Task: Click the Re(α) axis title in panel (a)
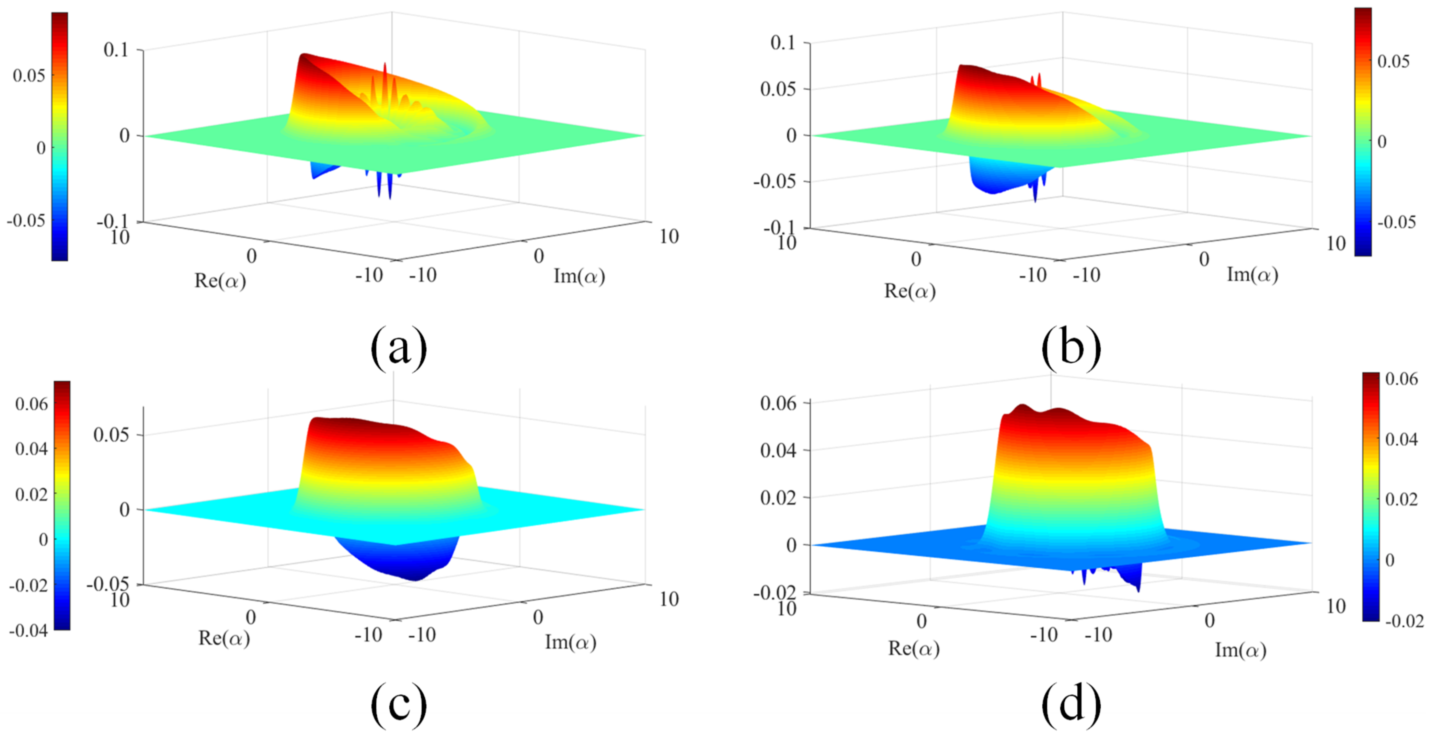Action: (220, 281)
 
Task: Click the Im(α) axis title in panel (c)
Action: (571, 642)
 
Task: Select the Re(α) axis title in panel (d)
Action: (914, 648)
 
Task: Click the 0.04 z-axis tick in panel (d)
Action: (778, 450)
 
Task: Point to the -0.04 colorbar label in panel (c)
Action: (28, 630)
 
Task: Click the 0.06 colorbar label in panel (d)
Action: (1401, 379)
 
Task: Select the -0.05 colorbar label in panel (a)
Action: (25, 220)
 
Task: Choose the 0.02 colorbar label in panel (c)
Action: (31, 494)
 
